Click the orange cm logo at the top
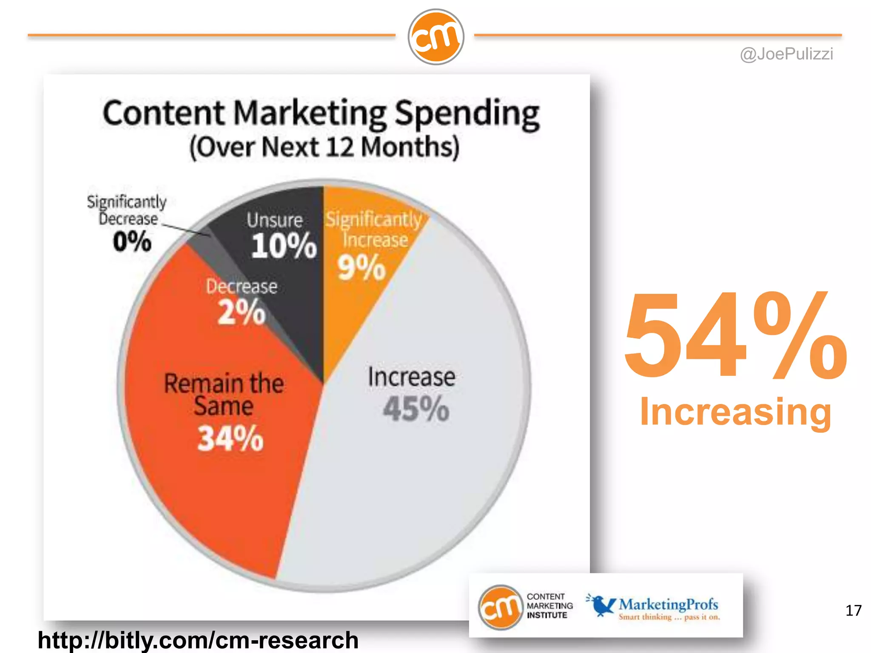point(435,37)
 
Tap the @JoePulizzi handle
point(786,54)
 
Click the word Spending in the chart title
point(467,114)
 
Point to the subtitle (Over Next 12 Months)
point(324,147)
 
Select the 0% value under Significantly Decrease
point(132,241)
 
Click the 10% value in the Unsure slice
point(284,246)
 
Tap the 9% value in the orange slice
point(361,268)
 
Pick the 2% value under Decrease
point(241,312)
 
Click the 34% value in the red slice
point(230,439)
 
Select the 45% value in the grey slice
point(416,409)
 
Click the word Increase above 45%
point(411,377)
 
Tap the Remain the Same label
point(224,394)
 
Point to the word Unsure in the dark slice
point(275,220)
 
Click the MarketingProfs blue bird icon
point(601,605)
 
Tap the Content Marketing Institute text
point(549,606)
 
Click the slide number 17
point(853,611)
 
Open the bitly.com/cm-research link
point(198,640)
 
